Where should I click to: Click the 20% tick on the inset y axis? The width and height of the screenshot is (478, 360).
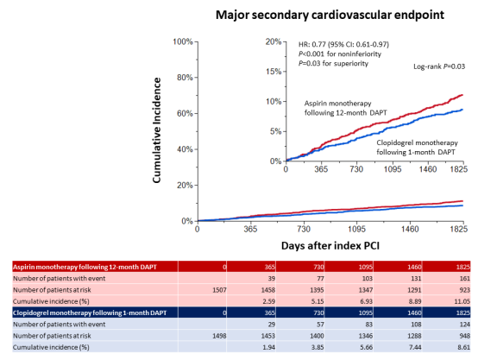point(276,41)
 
